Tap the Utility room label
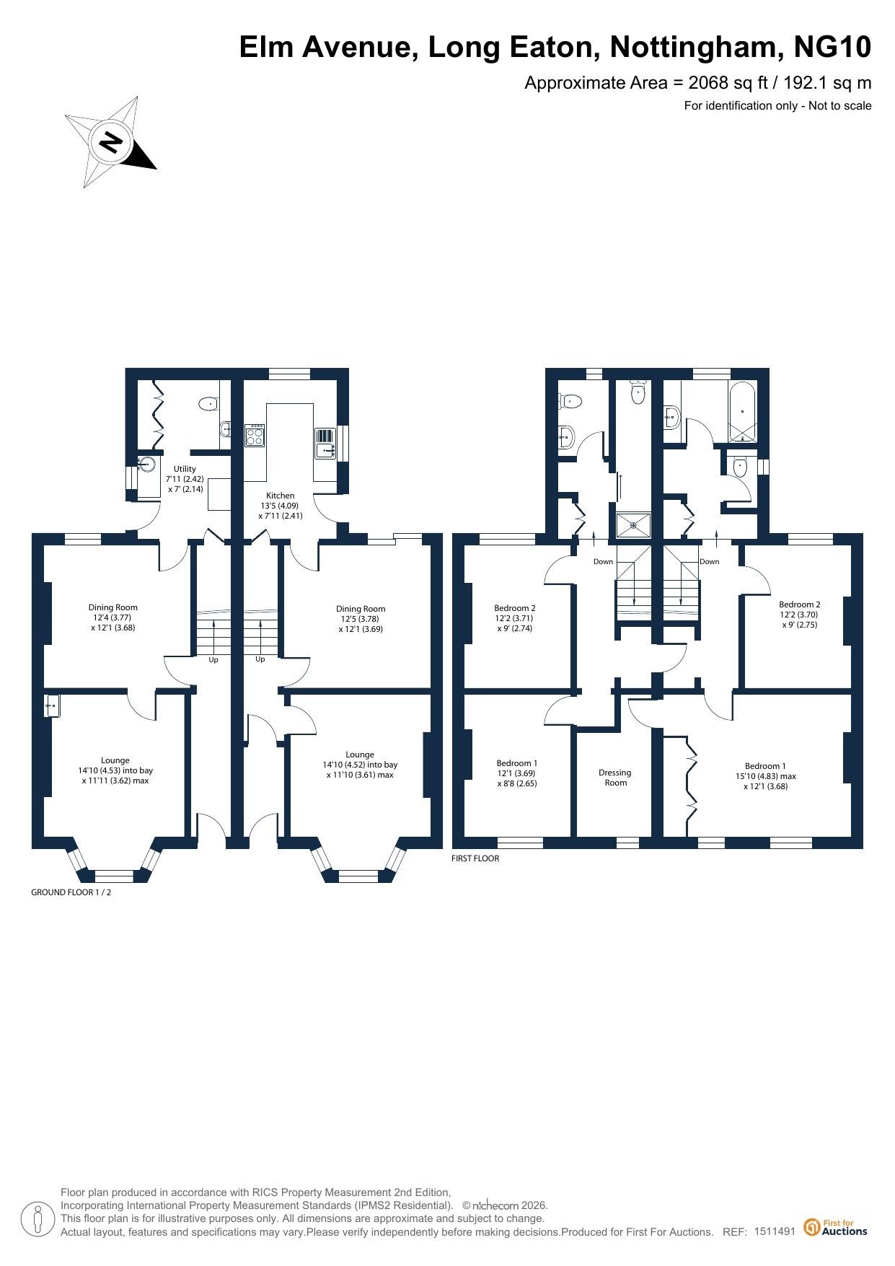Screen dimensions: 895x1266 coord(185,469)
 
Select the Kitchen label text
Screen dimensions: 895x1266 coord(281,496)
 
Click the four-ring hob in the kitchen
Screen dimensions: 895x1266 coord(255,436)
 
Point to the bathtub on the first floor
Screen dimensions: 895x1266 coord(744,412)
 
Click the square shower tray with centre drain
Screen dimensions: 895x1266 coord(634,525)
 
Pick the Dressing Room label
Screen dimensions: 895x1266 coord(615,778)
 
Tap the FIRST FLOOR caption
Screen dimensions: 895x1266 coord(475,858)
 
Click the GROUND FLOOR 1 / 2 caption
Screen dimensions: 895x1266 coord(71,892)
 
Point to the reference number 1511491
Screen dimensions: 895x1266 coord(775,1231)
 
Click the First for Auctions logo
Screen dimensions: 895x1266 coord(836,1227)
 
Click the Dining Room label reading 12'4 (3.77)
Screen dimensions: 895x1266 coord(113,617)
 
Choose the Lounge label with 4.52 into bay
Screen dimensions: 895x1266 coord(360,765)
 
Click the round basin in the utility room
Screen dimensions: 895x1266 coord(149,463)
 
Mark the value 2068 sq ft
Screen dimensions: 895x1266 coord(723,82)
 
